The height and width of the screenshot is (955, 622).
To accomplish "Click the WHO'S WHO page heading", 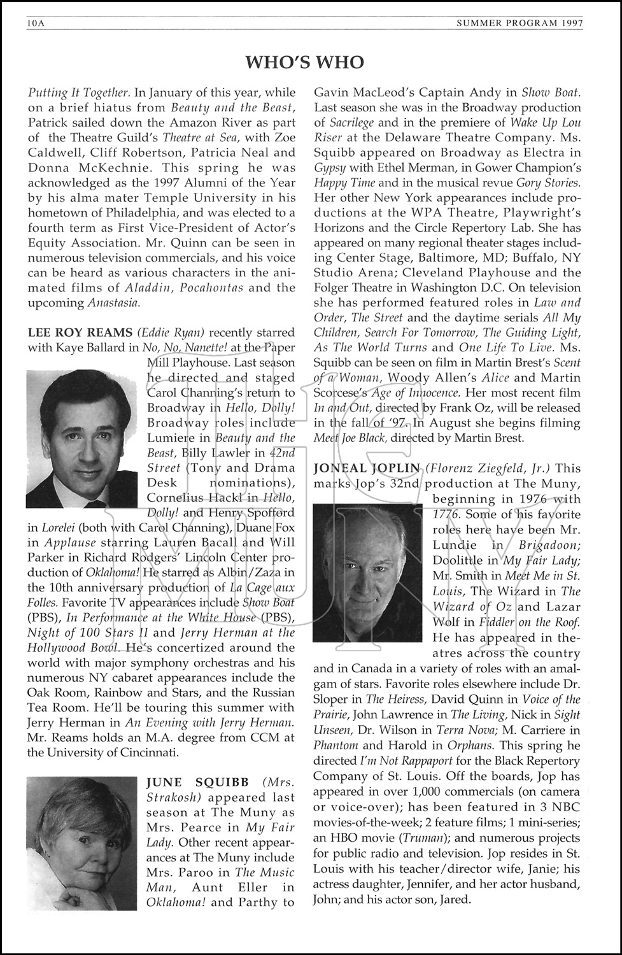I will pos(305,62).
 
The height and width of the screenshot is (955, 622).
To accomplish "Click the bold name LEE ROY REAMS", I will pos(80,332).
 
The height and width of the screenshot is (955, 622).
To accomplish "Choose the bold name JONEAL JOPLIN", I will pos(367,469).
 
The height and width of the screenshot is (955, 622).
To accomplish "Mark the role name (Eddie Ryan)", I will pos(171,332).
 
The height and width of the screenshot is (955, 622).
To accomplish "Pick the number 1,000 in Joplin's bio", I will pos(404,792).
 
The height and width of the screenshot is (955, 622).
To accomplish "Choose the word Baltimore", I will pos(434,258).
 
